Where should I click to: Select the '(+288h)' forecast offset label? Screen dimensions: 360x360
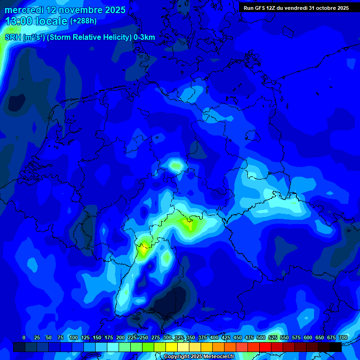tap(83, 21)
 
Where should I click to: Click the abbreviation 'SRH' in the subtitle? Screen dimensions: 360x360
tap(13, 37)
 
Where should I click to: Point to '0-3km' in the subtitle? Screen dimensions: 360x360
tap(144, 37)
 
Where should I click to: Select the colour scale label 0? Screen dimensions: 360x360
tap(24, 337)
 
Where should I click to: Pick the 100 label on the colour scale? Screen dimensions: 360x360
tap(74, 337)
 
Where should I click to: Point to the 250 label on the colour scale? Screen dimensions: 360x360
tap(144, 337)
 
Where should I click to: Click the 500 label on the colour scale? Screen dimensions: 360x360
tap(261, 337)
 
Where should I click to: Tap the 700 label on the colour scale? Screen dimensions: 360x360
tap(343, 337)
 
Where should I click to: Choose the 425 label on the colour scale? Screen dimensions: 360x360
tap(226, 337)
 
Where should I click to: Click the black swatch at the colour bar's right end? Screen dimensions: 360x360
tap(336, 347)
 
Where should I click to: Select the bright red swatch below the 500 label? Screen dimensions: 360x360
tap(265, 347)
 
